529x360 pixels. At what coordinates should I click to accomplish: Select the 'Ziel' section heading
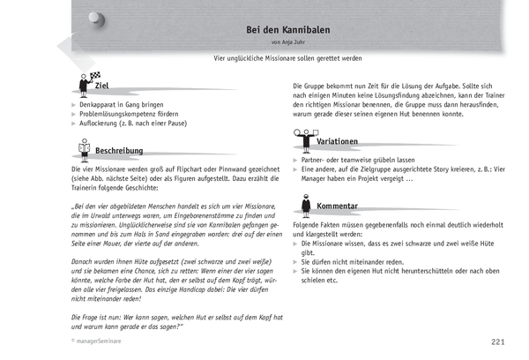101,86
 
